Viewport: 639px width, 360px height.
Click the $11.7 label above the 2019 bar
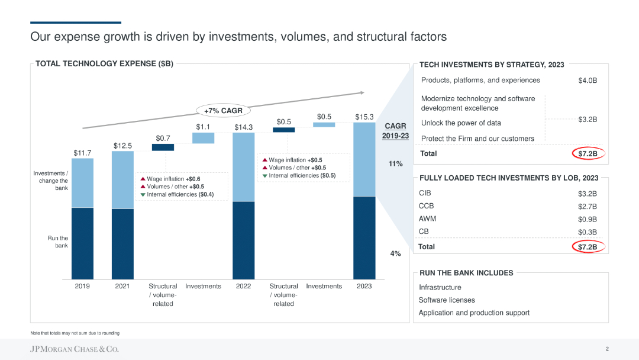(82, 153)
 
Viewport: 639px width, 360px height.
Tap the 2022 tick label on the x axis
(243, 286)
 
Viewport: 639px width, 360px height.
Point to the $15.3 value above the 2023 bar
(364, 117)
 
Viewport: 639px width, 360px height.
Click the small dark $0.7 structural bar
(163, 147)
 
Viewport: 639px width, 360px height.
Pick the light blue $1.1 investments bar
(203, 137)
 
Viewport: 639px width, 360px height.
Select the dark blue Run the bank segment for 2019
(82, 243)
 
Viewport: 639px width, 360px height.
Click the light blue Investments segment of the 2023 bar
(364, 159)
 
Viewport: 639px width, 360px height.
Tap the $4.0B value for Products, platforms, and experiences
(587, 81)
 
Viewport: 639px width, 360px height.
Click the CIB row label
(425, 193)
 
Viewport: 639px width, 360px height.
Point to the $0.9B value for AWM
(587, 219)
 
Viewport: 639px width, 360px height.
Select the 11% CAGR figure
(395, 163)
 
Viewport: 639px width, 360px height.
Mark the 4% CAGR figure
(395, 253)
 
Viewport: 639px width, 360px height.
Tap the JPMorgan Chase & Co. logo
(75, 349)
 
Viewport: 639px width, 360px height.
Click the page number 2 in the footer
(607, 349)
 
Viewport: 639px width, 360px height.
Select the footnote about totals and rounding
(75, 333)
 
